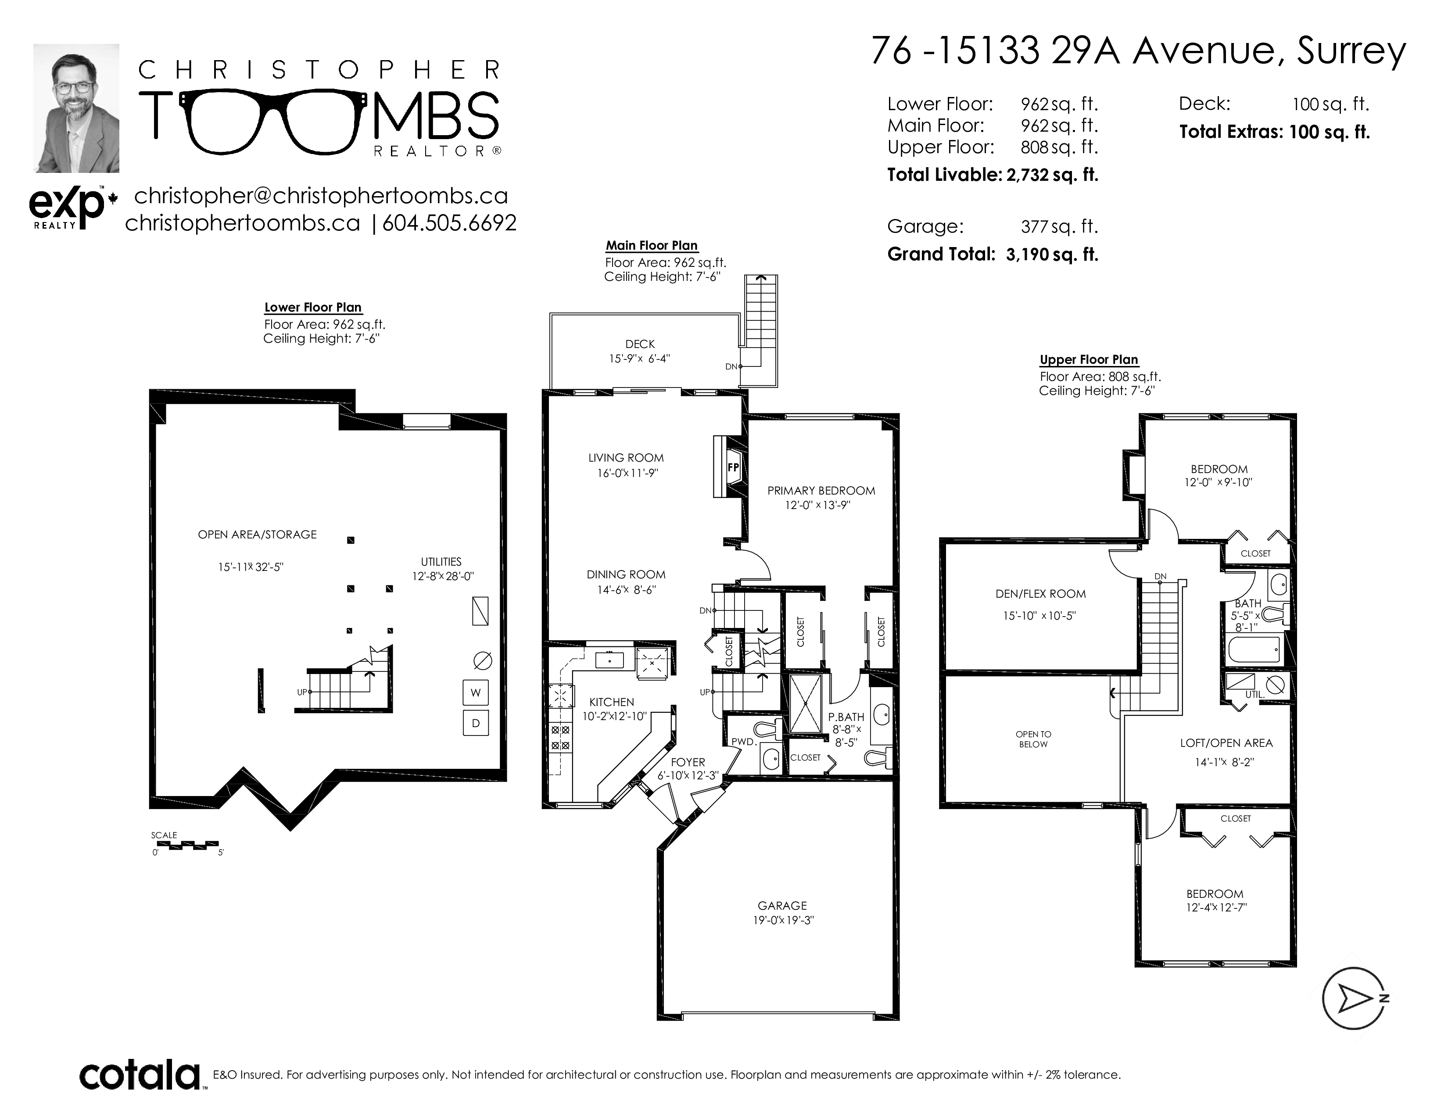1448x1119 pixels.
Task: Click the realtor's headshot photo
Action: point(76,108)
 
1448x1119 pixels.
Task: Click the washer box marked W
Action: point(475,693)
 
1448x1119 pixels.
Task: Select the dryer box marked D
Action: point(475,723)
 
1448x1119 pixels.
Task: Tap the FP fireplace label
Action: point(733,467)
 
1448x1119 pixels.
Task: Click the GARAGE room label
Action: point(782,906)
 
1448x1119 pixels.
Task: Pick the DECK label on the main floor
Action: point(640,344)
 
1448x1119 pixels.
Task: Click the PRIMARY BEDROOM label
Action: point(821,491)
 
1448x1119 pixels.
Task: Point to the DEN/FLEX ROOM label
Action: point(1041,594)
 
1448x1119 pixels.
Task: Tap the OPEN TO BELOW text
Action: point(1033,739)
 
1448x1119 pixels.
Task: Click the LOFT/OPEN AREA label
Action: point(1226,743)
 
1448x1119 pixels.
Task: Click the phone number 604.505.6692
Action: point(449,223)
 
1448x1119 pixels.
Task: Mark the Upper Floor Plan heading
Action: point(1089,359)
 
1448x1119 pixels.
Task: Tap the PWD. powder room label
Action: point(744,742)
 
